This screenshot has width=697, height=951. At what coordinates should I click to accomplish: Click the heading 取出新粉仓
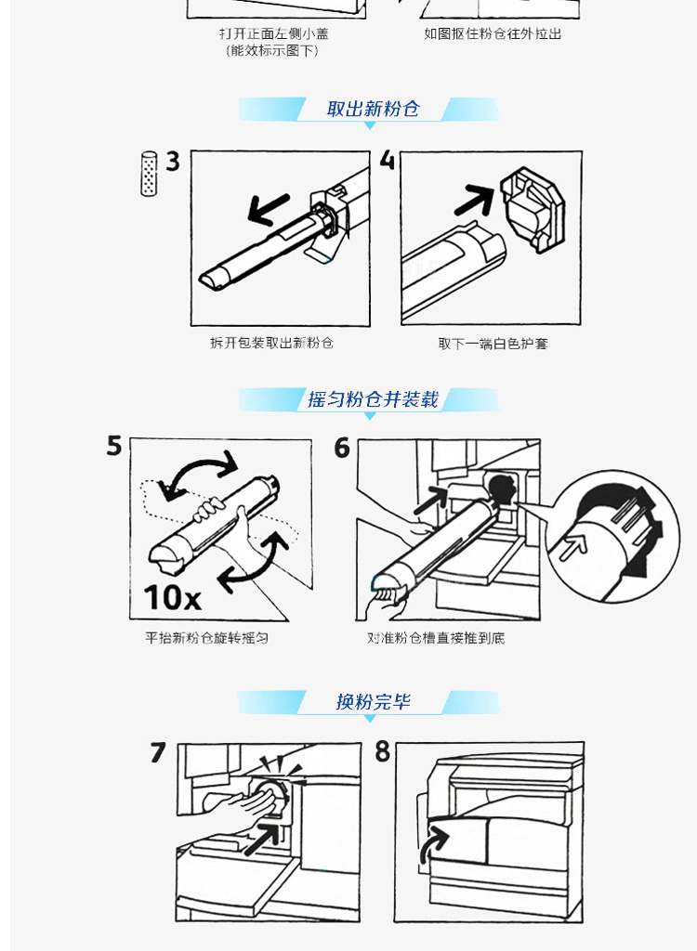click(373, 110)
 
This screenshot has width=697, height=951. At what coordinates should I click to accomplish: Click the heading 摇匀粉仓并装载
click(373, 399)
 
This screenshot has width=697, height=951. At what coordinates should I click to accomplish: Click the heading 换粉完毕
click(374, 702)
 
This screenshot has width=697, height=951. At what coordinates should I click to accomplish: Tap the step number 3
click(173, 162)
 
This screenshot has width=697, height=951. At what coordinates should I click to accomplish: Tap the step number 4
click(388, 160)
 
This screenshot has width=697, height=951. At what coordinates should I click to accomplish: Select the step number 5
click(114, 446)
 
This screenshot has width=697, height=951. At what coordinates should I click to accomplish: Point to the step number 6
click(342, 449)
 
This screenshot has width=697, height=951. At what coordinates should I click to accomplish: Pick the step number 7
click(158, 752)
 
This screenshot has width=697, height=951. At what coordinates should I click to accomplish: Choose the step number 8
click(383, 751)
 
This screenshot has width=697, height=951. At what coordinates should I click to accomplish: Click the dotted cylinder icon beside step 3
click(149, 174)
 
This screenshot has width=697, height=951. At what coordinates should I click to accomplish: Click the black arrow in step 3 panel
click(269, 209)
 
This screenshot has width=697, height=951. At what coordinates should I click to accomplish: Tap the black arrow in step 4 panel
click(475, 201)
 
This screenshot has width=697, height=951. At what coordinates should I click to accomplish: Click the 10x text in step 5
click(173, 597)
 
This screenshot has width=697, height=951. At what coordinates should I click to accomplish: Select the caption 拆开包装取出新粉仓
click(272, 344)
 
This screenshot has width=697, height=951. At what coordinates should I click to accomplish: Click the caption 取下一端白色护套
click(493, 344)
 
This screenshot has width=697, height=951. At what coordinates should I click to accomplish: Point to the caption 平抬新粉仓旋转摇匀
click(207, 638)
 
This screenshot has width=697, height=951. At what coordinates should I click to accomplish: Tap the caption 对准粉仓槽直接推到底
click(436, 638)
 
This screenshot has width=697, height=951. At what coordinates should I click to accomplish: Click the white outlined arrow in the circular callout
click(573, 547)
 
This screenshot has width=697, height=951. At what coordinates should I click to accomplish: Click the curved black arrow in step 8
click(432, 846)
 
